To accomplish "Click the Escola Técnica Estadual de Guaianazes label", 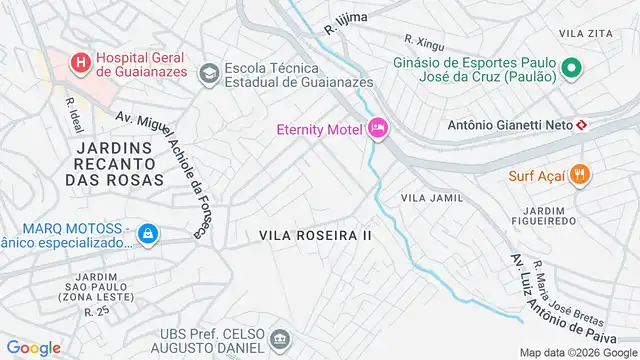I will pyautogui.click(x=298, y=75).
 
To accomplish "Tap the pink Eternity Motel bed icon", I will pyautogui.click(x=378, y=129).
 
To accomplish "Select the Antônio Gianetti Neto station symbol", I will pyautogui.click(x=581, y=124).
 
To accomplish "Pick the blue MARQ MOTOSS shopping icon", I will pyautogui.click(x=147, y=233).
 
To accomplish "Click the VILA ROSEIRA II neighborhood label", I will pyautogui.click(x=315, y=235).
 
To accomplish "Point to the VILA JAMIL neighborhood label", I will pyautogui.click(x=432, y=198).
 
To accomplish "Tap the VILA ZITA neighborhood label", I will pyautogui.click(x=585, y=33).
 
